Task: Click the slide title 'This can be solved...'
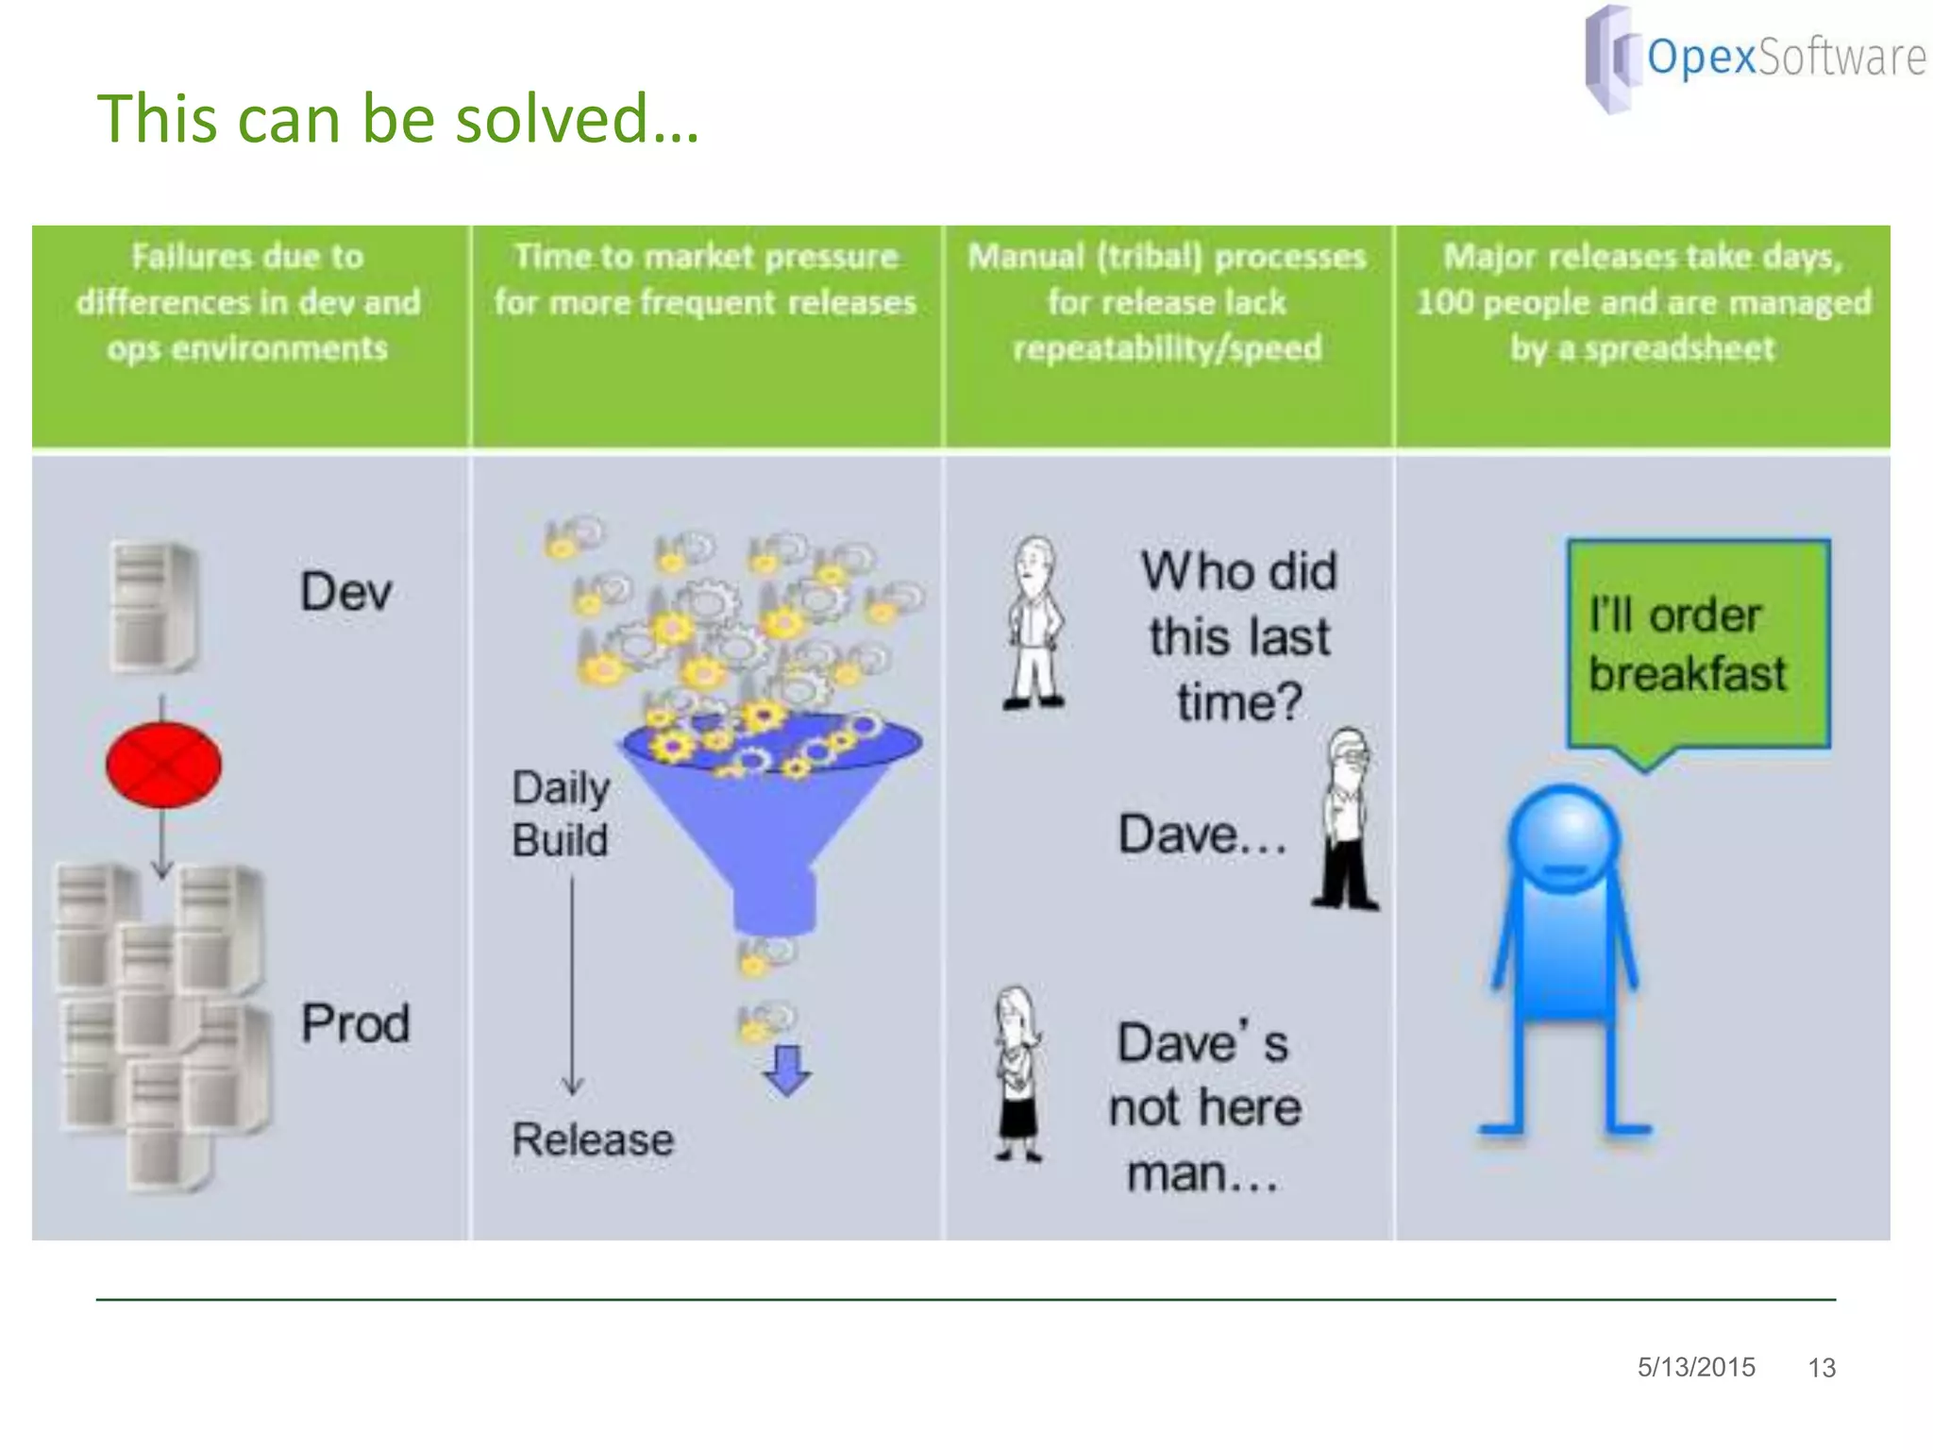coord(398,119)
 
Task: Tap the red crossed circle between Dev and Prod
coord(163,765)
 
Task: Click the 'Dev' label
coord(345,592)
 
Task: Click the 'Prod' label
coord(355,1023)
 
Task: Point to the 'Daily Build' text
coord(561,814)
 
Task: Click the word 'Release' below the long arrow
coord(593,1139)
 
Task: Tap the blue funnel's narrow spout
coord(774,902)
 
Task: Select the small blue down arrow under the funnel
coord(786,1070)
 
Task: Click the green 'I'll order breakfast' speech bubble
coord(1697,645)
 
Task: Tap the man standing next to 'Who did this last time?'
coord(1035,623)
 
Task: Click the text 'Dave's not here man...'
coord(1203,1108)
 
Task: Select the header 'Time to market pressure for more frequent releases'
coord(705,279)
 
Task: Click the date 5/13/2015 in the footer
coord(1696,1367)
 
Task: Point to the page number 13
coord(1821,1368)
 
